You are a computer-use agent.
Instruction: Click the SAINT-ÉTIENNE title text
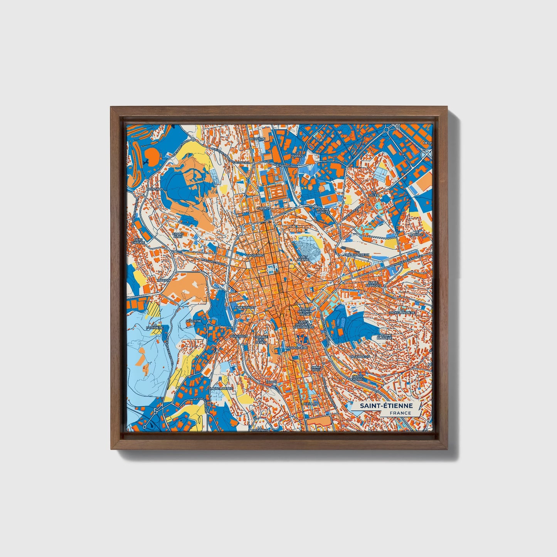386,406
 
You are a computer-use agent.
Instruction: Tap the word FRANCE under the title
400,413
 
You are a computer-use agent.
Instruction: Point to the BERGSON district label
257,139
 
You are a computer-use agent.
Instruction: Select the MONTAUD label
155,189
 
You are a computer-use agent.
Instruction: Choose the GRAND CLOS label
178,235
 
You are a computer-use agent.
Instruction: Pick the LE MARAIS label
297,154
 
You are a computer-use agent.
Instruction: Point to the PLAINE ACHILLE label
323,210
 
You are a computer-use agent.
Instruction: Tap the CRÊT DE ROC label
303,258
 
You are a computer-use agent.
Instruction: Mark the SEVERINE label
194,321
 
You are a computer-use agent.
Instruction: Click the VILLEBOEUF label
361,357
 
